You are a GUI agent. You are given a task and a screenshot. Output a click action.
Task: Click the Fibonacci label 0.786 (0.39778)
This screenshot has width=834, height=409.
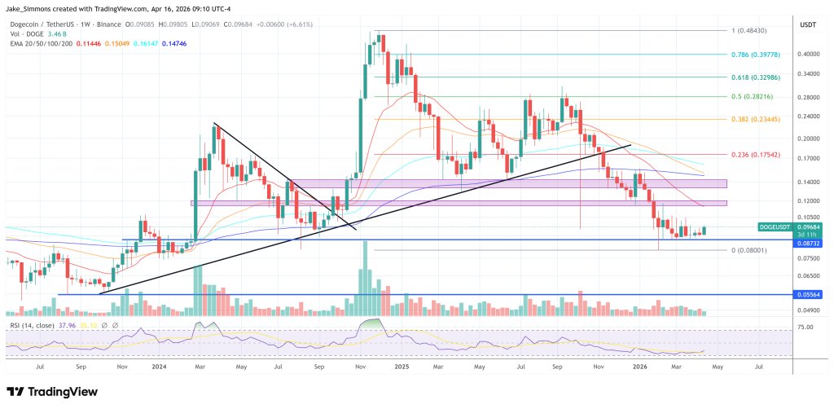tap(759, 55)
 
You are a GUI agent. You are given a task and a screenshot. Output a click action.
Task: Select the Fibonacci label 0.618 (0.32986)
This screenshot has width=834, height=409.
tap(759, 76)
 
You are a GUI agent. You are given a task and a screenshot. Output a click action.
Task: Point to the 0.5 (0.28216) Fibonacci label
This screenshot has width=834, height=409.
tap(757, 96)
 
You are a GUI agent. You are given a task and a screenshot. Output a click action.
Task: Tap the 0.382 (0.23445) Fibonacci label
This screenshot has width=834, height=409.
tap(759, 119)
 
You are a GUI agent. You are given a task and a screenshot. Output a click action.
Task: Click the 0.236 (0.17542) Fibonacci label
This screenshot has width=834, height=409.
tap(759, 154)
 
